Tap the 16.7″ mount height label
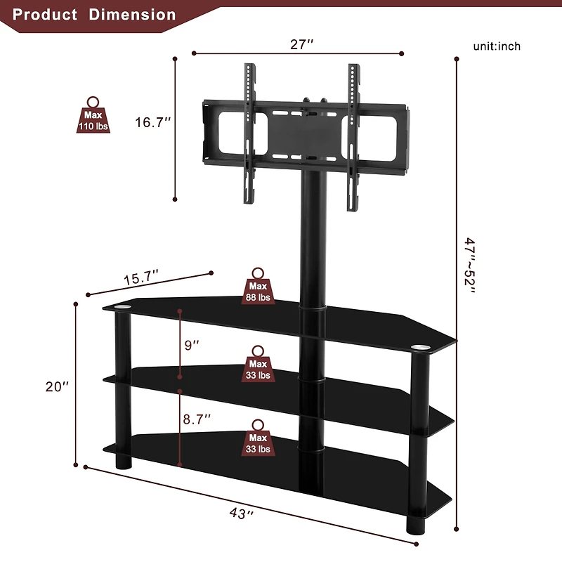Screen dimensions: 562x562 (x=154, y=122)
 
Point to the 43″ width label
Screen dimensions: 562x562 (x=240, y=514)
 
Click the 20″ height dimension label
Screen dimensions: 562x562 (x=57, y=386)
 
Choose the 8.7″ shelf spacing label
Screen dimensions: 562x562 (x=197, y=419)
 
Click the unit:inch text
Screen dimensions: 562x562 (x=497, y=46)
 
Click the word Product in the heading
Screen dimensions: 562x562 (x=45, y=14)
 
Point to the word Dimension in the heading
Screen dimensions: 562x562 (x=133, y=14)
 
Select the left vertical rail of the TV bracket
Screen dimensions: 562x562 (x=247, y=133)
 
